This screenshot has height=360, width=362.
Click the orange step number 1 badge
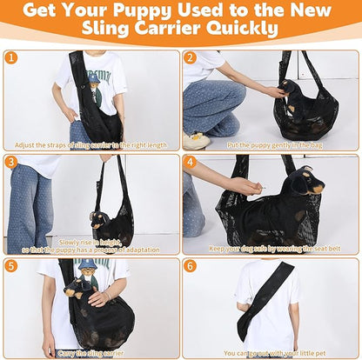tap(11, 58)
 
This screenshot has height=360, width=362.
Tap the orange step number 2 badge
tap(191, 58)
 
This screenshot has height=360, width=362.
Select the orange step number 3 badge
tap(11, 162)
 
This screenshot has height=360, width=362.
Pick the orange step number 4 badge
tap(191, 162)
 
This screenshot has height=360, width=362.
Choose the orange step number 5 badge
tap(11, 266)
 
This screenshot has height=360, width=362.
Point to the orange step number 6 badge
tap(191, 266)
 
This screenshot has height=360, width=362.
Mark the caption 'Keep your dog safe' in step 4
tap(271, 247)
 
